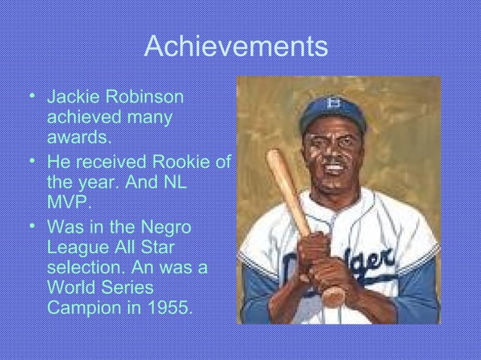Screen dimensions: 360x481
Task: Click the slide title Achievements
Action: [x=235, y=47]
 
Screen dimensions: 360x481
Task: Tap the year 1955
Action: [x=162, y=307]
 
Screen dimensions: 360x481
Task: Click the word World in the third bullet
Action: [x=71, y=288]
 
